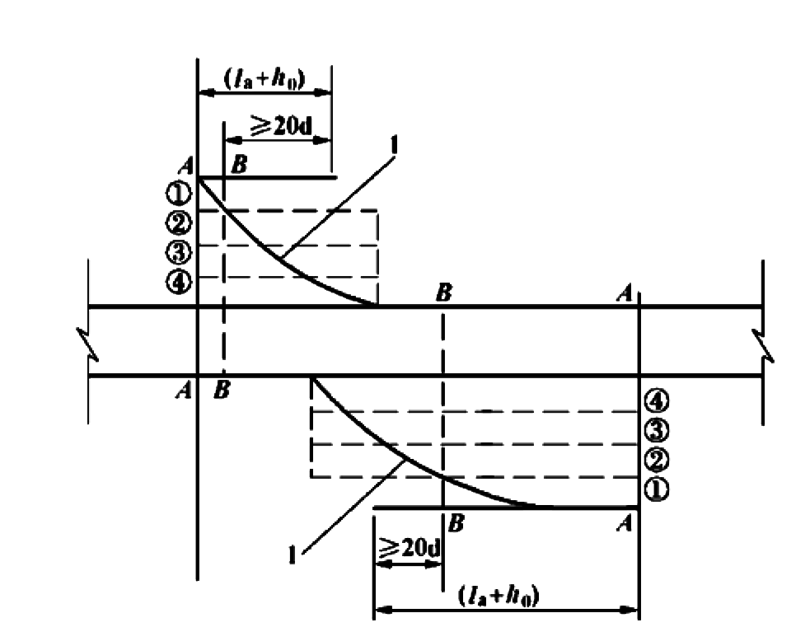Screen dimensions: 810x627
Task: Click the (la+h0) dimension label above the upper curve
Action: tap(265, 80)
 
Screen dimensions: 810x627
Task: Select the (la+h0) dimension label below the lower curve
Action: tap(499, 596)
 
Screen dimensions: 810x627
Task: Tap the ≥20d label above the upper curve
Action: tap(281, 124)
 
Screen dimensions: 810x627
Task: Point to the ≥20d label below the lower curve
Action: tap(410, 547)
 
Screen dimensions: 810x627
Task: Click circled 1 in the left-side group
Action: tap(178, 194)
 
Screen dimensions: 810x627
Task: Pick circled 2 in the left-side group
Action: tap(178, 223)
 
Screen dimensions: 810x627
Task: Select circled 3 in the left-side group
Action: tap(178, 253)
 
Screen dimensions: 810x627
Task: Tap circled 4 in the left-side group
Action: tap(178, 282)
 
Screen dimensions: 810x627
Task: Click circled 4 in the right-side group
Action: tap(656, 400)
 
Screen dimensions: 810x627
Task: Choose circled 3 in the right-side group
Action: tap(656, 430)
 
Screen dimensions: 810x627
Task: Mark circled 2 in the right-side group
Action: tap(656, 460)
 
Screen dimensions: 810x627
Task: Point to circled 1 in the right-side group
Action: tap(656, 489)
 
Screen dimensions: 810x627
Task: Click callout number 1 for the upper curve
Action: tap(394, 146)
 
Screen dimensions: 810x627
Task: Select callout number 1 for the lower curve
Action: tap(293, 555)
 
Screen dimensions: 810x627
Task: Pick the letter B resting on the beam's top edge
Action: tap(444, 292)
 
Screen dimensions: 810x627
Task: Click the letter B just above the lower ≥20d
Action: tap(456, 524)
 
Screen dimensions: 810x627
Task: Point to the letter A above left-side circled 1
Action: tap(186, 166)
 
